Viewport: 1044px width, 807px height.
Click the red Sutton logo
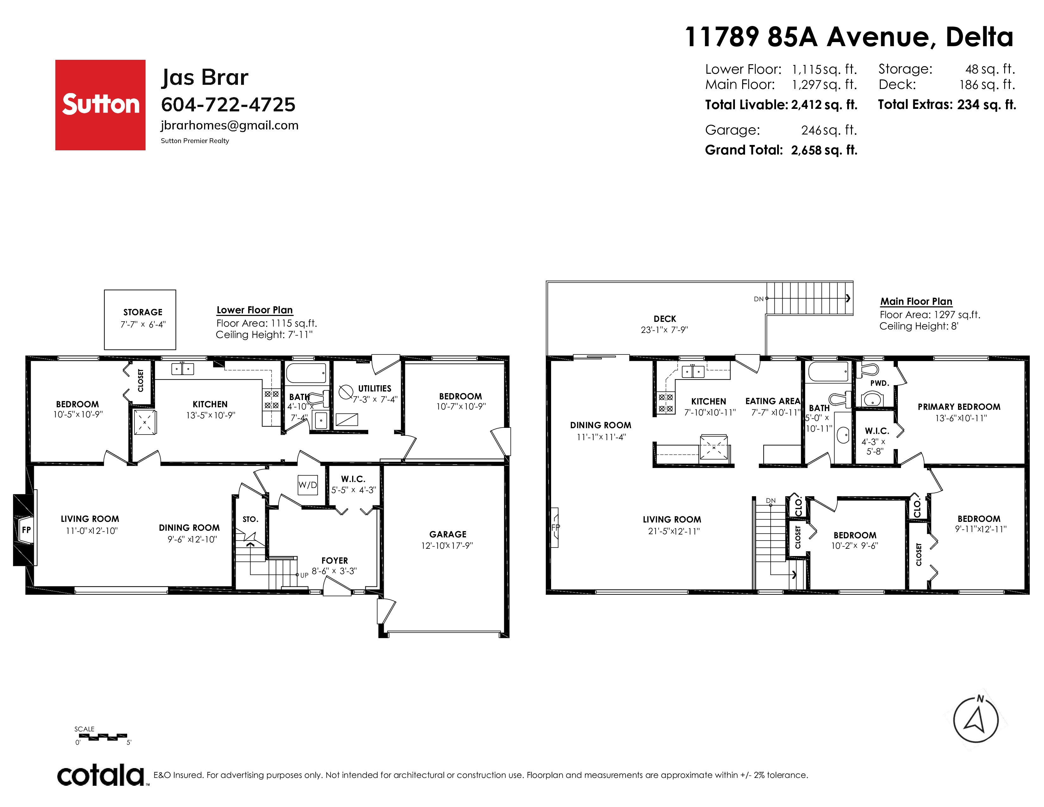coord(100,105)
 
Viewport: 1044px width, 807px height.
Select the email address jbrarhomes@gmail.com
coord(229,125)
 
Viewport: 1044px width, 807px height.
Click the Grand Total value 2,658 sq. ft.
coord(824,150)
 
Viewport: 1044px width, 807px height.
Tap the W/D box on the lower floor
coord(308,485)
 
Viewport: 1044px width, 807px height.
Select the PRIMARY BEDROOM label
coord(959,407)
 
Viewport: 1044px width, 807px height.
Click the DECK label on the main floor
coord(665,319)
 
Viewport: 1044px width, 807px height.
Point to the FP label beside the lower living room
coord(26,530)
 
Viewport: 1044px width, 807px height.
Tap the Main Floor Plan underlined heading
coord(917,302)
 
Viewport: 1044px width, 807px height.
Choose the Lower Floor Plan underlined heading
coord(255,310)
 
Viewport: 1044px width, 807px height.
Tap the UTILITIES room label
coord(375,389)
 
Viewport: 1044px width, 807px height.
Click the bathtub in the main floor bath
coord(828,372)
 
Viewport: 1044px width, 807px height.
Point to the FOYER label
coord(335,560)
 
